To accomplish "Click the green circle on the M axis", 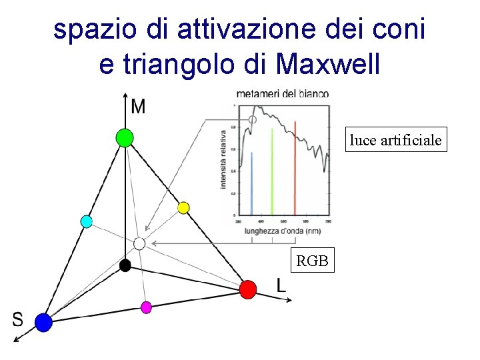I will [124, 138].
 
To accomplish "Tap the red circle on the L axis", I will [248, 289].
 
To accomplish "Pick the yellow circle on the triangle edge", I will [183, 208].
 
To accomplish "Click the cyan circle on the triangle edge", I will [86, 221].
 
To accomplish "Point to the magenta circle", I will [146, 307].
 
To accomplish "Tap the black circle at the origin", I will [125, 265].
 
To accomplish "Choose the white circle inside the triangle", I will [139, 243].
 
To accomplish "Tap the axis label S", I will [17, 320].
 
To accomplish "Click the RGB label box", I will [312, 261].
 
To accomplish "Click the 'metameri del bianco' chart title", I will [282, 94].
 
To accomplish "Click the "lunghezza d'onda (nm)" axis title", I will [283, 230].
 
